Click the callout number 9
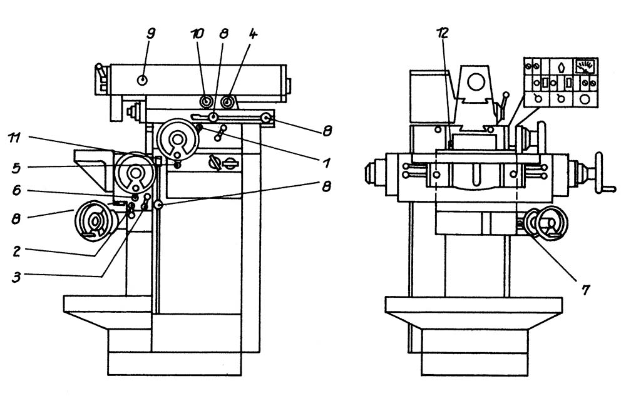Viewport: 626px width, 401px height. click(150, 34)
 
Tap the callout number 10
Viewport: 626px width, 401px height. click(197, 34)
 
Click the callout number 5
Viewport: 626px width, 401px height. click(16, 168)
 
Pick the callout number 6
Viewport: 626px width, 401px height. click(16, 191)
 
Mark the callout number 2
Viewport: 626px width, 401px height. click(16, 251)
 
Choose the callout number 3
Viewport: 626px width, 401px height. click(16, 277)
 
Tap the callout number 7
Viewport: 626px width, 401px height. click(585, 290)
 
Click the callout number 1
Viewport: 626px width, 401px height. click(327, 163)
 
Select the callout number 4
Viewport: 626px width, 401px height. click(253, 34)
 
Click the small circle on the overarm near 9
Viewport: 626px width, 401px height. click(142, 80)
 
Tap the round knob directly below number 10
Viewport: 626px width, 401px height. click(207, 102)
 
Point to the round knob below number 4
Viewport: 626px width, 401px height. click(228, 102)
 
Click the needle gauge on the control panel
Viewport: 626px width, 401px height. click(585, 66)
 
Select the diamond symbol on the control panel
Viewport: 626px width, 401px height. click(562, 66)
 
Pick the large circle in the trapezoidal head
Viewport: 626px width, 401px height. click(476, 82)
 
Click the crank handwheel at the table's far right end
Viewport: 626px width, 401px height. click(602, 173)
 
